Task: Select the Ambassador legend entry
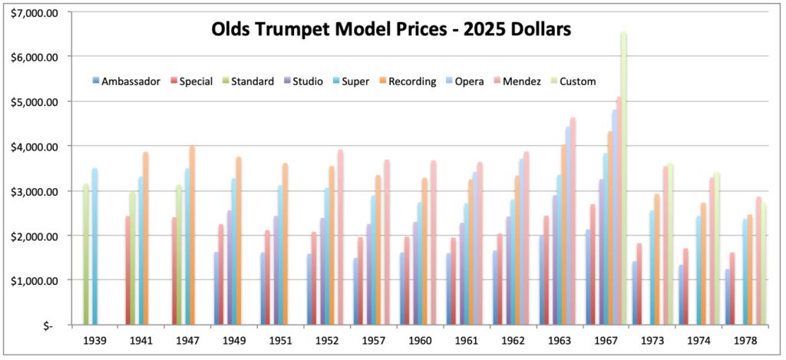130,81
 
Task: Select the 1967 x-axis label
605,339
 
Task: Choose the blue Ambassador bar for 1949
216,289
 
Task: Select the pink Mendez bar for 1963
573,222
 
